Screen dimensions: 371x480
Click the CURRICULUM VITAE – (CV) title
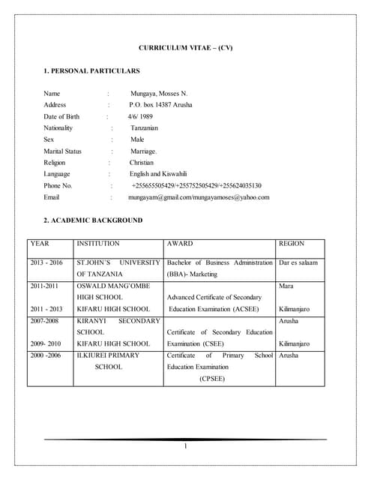coord(186,48)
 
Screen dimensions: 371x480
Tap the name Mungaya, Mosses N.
coord(159,94)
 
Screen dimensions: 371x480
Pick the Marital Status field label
coord(62,151)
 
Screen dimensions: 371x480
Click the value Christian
coord(142,163)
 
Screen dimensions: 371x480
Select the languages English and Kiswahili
coord(164,174)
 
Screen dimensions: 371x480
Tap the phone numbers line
coord(196,185)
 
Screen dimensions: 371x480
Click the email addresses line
coord(199,197)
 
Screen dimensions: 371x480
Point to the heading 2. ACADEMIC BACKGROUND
coord(93,220)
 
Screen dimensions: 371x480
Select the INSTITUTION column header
coord(97,244)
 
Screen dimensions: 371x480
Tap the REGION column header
coord(292,244)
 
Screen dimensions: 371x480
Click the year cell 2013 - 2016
coord(46,263)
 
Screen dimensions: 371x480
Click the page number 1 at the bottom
coord(185,448)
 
